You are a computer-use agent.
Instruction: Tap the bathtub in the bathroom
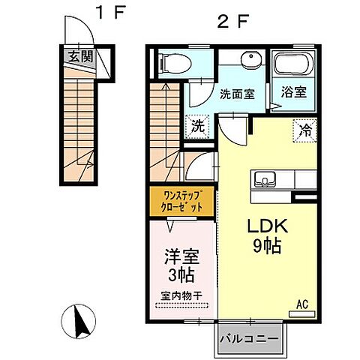[x=291, y=66]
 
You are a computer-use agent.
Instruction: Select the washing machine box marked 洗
[x=198, y=125]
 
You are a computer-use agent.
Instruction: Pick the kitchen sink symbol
[x=265, y=179]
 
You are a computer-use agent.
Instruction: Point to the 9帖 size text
[x=262, y=246]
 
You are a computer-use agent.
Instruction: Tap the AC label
[x=302, y=304]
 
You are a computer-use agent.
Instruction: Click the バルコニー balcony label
[x=249, y=339]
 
